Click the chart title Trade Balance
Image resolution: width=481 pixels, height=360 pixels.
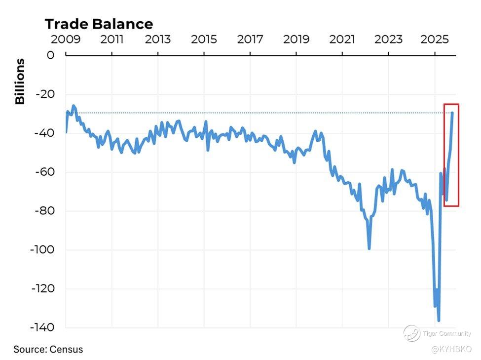point(99,24)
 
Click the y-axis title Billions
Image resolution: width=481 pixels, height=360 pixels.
point(20,81)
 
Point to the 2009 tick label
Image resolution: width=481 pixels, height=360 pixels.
point(66,40)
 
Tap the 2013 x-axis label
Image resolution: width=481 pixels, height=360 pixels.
point(158,40)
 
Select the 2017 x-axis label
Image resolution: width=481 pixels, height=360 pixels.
point(250,40)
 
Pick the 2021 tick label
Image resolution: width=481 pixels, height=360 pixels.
point(342,40)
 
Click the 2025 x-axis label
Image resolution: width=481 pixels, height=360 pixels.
point(434,40)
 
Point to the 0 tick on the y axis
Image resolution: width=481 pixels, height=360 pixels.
point(50,55)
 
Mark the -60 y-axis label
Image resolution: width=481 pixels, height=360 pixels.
point(44,172)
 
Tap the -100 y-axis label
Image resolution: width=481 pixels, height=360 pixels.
point(42,250)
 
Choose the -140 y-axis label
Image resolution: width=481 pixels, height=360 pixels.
point(42,327)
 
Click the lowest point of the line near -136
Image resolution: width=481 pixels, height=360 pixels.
point(439,320)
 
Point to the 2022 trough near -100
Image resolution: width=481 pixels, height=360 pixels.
point(369,248)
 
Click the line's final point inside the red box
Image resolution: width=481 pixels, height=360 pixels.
point(452,113)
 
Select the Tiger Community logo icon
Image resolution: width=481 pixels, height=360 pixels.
point(411,333)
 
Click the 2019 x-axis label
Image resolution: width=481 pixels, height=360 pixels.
point(296,40)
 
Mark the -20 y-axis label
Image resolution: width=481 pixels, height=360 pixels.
point(44,94)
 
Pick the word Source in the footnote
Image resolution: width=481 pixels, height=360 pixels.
point(29,350)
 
